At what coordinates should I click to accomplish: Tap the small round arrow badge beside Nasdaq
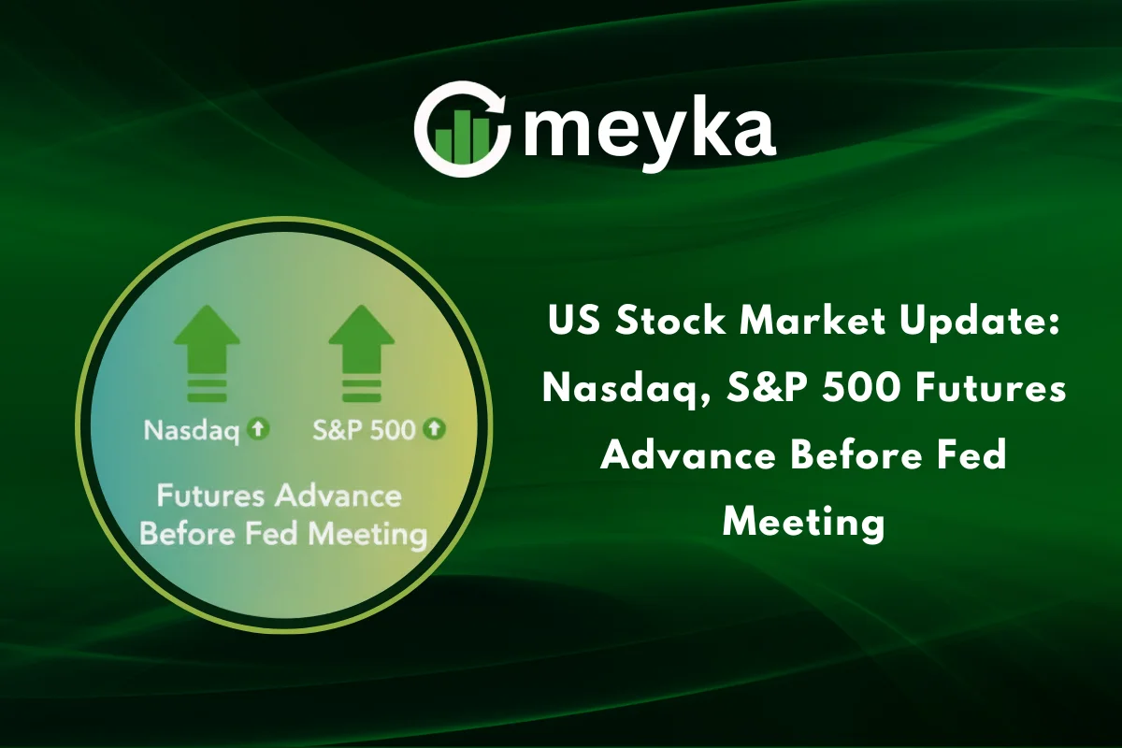[260, 429]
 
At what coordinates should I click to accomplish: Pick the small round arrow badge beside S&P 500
[435, 429]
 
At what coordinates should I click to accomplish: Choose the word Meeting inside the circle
[367, 536]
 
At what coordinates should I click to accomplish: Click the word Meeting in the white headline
[803, 520]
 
